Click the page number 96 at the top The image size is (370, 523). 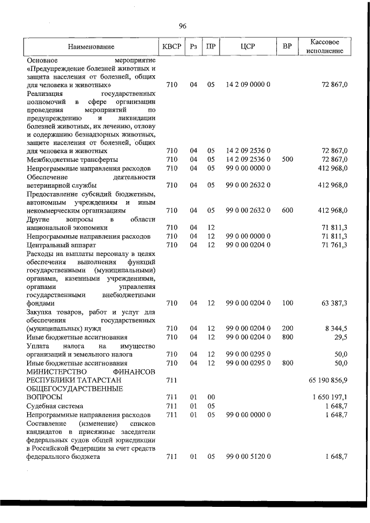pos(183,26)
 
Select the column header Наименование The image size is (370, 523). pos(91,46)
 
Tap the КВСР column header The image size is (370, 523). pos(172,46)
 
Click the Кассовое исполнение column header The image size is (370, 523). pos(328,46)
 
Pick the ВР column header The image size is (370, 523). pos(287,46)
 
